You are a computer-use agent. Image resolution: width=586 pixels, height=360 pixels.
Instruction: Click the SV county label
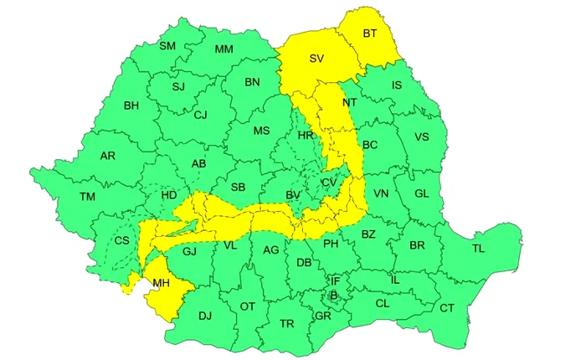[x=316, y=59]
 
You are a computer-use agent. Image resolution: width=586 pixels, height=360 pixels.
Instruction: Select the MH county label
[x=161, y=284]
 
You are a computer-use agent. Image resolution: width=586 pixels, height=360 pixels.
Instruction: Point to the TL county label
[x=478, y=249]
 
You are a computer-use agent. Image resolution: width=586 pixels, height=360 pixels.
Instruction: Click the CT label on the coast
[x=447, y=308]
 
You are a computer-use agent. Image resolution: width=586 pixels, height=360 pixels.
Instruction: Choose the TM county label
[x=88, y=197]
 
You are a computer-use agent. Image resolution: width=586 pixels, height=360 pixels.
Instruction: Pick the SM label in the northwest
[x=167, y=45]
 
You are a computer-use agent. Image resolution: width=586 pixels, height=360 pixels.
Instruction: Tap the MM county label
[x=224, y=49]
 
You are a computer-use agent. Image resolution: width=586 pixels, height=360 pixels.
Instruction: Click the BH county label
[x=131, y=105]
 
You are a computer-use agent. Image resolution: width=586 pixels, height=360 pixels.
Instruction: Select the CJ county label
[x=200, y=115]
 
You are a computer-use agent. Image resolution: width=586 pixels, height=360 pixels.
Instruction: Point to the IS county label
[x=397, y=85]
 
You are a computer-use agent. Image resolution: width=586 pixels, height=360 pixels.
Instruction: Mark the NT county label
[x=350, y=103]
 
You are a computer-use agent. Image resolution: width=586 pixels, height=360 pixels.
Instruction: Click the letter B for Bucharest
[x=333, y=295]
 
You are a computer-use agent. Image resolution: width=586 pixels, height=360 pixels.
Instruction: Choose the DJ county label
[x=205, y=316]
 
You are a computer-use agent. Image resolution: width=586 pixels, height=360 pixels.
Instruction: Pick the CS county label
[x=122, y=241]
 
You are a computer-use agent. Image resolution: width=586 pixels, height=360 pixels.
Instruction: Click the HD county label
[x=169, y=195]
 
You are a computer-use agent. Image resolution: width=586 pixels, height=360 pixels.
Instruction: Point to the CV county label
[x=329, y=183]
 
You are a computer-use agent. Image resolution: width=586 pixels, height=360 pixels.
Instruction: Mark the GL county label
[x=421, y=193]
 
